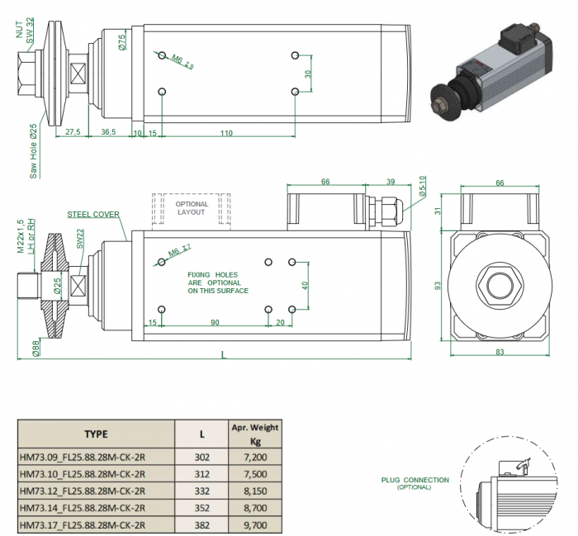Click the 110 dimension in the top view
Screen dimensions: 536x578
225,133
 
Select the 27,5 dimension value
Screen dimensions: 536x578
72,132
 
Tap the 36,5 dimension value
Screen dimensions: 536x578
108,132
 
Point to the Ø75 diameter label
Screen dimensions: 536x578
122,41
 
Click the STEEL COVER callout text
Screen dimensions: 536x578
93,214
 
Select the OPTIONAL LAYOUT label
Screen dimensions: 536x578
192,207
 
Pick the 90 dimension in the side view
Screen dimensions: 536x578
215,322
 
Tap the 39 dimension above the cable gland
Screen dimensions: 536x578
390,181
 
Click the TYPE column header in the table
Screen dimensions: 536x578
96,434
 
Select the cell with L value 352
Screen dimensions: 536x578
201,509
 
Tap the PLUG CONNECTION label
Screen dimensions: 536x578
415,480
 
